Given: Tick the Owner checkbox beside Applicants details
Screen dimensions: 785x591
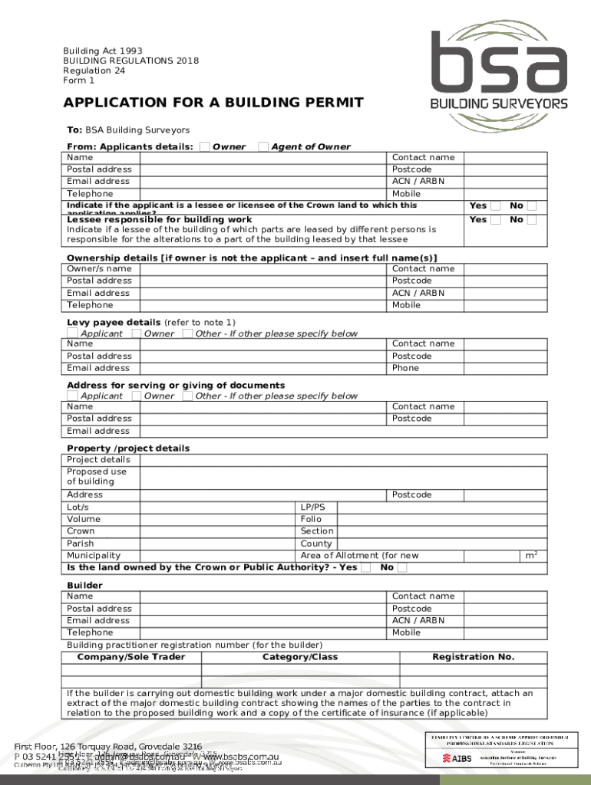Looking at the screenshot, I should pos(205,146).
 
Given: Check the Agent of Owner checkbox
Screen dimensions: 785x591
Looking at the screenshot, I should pos(263,146).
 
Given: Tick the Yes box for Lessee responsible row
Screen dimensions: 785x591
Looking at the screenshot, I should pos(496,220).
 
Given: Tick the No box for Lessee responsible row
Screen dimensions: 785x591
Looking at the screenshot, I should pos(532,220).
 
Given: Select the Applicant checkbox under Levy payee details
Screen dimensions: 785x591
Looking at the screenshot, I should pos(72,333).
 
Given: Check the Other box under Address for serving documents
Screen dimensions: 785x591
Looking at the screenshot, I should pos(187,396).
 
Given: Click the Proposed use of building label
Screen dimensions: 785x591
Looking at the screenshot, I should pos(97,477).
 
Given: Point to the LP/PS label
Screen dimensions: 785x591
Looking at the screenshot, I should pos(313,507).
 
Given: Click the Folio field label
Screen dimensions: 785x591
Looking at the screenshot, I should pos(312,519).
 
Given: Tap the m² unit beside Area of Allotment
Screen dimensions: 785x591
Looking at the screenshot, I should pos(530,554).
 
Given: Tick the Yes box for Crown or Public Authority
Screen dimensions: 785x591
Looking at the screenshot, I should pos(367,567).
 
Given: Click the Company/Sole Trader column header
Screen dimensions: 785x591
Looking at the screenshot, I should pos(131,657).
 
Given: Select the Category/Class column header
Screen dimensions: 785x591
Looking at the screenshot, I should pos(300,657).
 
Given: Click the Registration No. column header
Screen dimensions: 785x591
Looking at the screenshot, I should pos(474,657).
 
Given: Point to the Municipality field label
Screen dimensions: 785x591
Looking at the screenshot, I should pos(94,555).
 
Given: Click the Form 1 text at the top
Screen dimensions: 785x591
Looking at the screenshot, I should pos(79,80).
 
